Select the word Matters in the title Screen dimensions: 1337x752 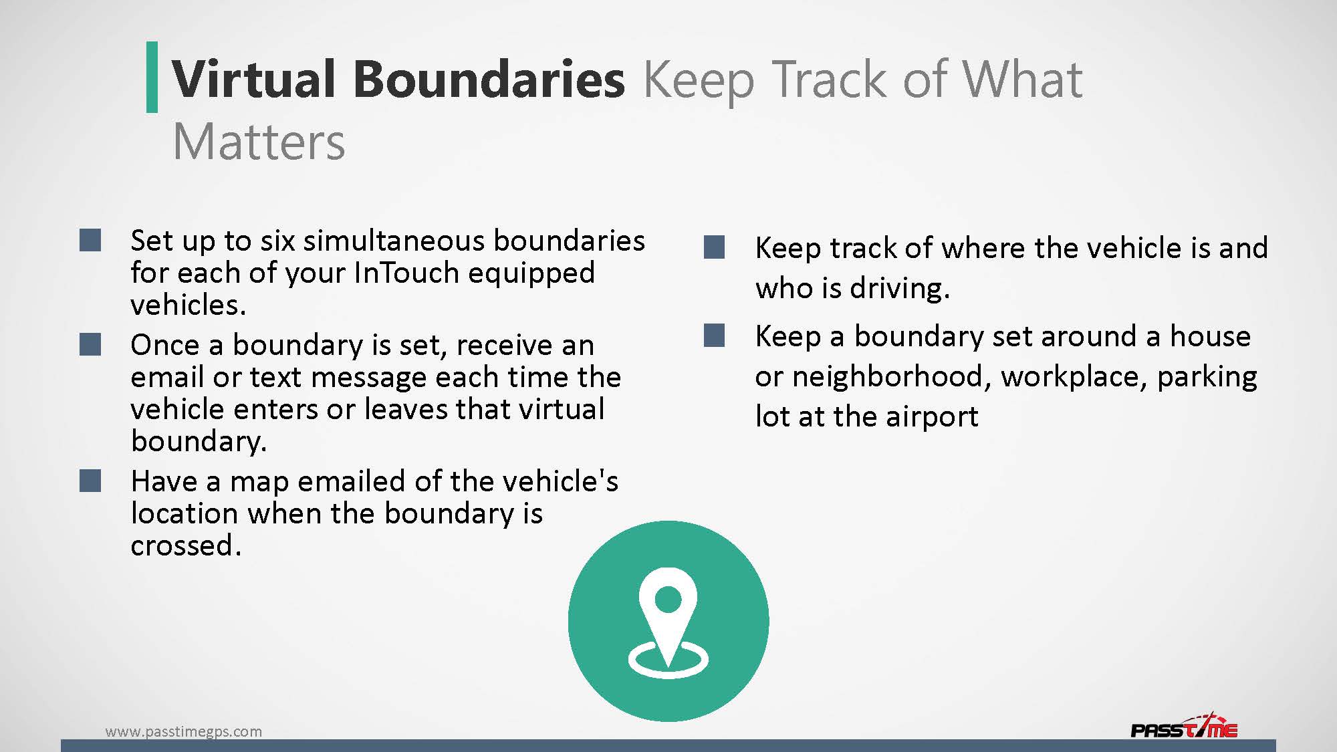point(259,142)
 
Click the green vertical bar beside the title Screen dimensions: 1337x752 point(152,77)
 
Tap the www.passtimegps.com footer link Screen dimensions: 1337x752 point(184,731)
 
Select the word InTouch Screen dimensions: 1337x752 point(406,273)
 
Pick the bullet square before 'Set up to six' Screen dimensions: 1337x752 point(90,241)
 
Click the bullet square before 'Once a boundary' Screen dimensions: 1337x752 point(90,345)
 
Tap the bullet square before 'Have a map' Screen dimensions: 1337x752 point(90,481)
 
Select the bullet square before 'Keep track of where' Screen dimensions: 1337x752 point(715,247)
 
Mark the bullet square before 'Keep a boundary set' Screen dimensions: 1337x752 point(715,336)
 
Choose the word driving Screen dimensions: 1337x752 point(900,289)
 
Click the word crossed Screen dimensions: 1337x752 point(186,546)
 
